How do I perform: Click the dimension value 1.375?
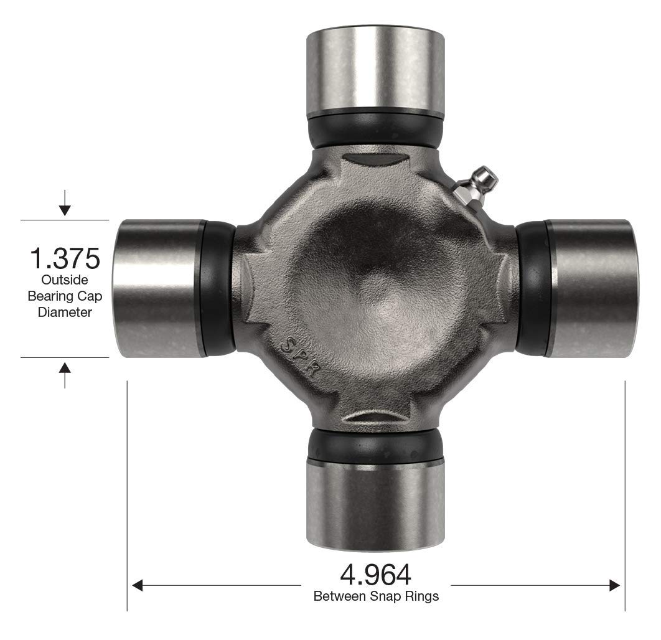[x=65, y=258]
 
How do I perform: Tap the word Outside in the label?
[x=65, y=280]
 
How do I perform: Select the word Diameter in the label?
[x=65, y=312]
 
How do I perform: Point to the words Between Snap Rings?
[x=376, y=596]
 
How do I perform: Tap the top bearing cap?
[x=375, y=68]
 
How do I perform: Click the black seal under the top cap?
[x=375, y=129]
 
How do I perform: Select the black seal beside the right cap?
[x=533, y=289]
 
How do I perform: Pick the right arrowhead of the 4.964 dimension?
[x=615, y=585]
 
